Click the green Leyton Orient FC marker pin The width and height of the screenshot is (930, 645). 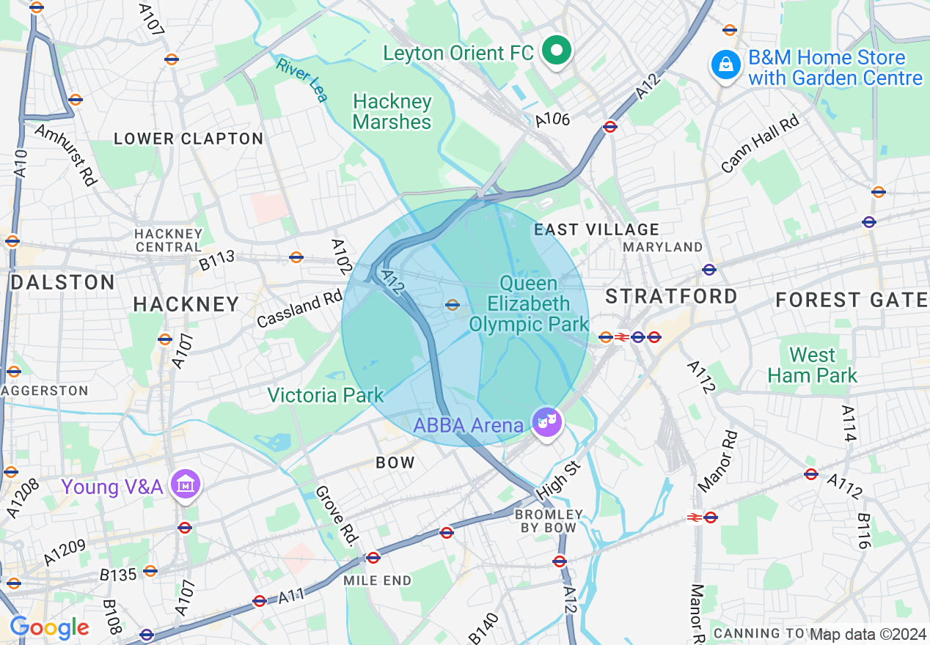point(557,51)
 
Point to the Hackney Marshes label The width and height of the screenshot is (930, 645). point(392,111)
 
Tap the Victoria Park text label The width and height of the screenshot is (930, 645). point(325,396)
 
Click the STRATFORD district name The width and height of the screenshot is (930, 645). point(671,296)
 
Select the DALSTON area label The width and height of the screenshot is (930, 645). point(63,282)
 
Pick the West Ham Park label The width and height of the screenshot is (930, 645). point(812,365)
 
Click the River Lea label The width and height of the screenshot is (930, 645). point(301,79)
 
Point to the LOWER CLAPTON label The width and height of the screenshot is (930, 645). point(188,139)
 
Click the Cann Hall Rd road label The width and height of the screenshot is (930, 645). point(760,144)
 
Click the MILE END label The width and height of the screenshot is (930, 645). point(378,580)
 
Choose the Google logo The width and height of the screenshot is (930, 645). point(49,627)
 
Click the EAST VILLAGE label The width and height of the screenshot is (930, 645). point(596,230)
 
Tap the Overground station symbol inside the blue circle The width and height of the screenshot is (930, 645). point(453,305)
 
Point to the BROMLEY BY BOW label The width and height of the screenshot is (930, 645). point(549,521)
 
